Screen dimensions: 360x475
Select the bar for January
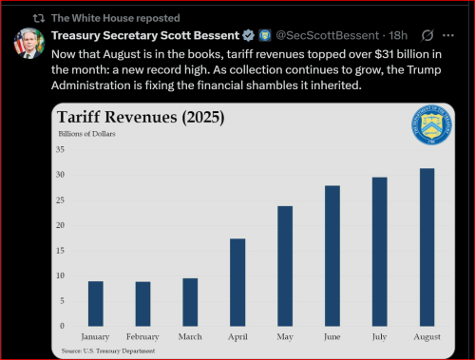point(95,303)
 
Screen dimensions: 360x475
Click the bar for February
point(142,303)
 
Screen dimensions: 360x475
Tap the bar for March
point(189,301)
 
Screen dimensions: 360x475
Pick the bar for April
point(237,282)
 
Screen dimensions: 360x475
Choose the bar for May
point(284,266)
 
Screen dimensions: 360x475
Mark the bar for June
point(332,256)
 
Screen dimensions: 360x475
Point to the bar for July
point(379,252)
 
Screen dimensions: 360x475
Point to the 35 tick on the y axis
point(60,150)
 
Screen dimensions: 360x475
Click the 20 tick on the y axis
point(60,225)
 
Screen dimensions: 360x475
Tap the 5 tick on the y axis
point(62,301)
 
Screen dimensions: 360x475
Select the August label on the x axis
point(427,337)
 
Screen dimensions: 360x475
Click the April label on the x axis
point(237,337)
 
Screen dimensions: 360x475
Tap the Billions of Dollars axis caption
point(85,135)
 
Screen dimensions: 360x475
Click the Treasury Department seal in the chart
point(436,126)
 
